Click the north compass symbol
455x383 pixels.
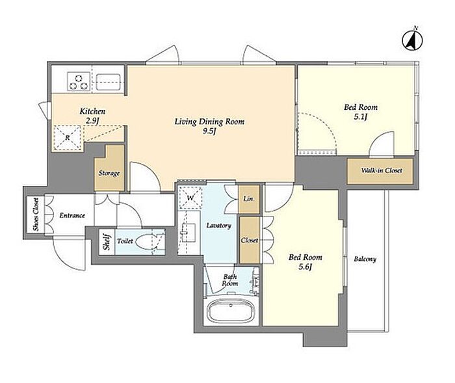tap(412, 39)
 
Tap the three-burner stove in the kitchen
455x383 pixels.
tap(79, 81)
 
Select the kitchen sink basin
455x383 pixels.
tap(109, 81)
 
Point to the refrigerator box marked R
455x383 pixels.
tap(68, 137)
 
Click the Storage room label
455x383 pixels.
tap(109, 174)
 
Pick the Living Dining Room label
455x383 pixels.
tap(209, 122)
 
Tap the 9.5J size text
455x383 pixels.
tap(209, 131)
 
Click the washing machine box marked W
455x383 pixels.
tap(190, 198)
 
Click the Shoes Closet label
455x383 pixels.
tap(36, 215)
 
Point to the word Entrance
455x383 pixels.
tap(72, 215)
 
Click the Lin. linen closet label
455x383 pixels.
tap(249, 199)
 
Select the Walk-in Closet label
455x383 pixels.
tap(382, 170)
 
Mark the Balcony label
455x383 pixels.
tap(365, 259)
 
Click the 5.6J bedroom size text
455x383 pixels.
tap(305, 267)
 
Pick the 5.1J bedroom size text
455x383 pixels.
tap(361, 117)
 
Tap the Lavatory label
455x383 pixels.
tap(219, 226)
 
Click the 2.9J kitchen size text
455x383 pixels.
tap(92, 121)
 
